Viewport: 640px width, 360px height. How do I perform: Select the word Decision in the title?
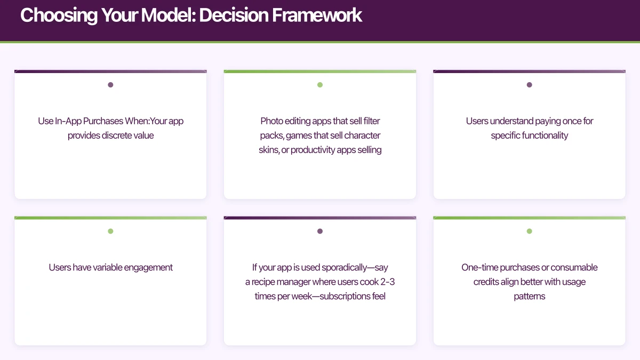(x=233, y=15)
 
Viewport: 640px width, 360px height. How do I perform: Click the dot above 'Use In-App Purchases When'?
(x=110, y=85)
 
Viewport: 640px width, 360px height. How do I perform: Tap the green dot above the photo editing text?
(x=320, y=85)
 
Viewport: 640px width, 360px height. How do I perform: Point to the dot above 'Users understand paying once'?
(x=529, y=85)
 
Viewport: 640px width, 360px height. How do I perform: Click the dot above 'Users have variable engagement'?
(x=110, y=231)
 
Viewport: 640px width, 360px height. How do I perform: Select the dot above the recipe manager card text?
(x=320, y=231)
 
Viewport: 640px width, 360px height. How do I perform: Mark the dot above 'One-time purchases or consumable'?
(x=529, y=231)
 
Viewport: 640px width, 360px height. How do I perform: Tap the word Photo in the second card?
(x=272, y=121)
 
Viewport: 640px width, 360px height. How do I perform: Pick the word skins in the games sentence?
(x=269, y=150)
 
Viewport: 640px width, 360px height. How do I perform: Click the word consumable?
(x=573, y=267)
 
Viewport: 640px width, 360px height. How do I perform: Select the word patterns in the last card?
(x=529, y=296)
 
